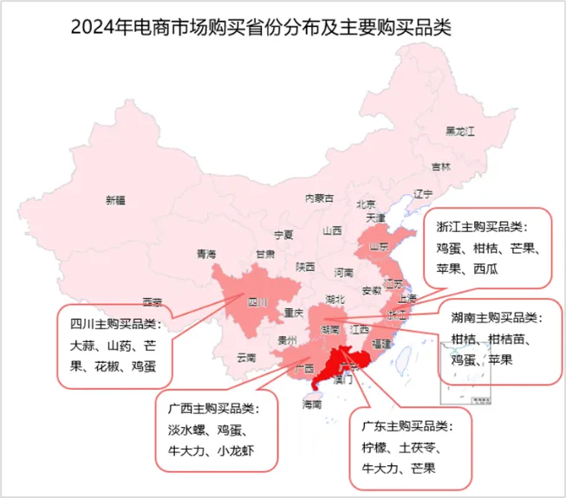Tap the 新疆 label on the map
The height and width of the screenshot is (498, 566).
(115, 201)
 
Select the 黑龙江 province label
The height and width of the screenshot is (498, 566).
(460, 132)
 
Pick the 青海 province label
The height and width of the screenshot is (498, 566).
(205, 254)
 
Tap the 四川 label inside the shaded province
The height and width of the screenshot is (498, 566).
(257, 302)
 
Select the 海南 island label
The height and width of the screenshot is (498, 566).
(311, 404)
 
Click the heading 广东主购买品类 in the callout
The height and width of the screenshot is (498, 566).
(407, 426)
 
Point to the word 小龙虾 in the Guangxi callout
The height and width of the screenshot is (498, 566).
(236, 451)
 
